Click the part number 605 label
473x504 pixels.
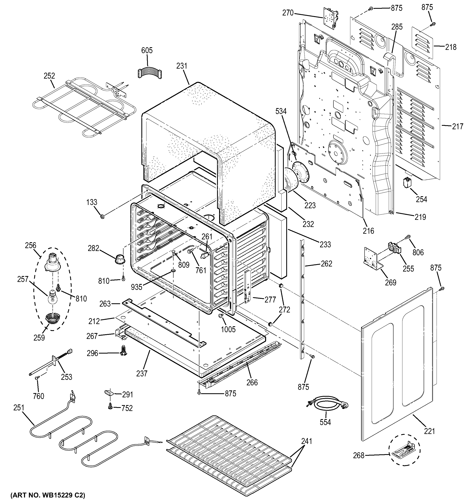click(x=147, y=50)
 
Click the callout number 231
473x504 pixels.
click(x=182, y=66)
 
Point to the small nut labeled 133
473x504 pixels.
click(x=103, y=217)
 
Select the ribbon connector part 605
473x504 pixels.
click(x=150, y=73)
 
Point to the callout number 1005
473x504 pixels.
click(x=228, y=329)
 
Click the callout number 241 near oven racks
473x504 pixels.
click(x=307, y=441)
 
